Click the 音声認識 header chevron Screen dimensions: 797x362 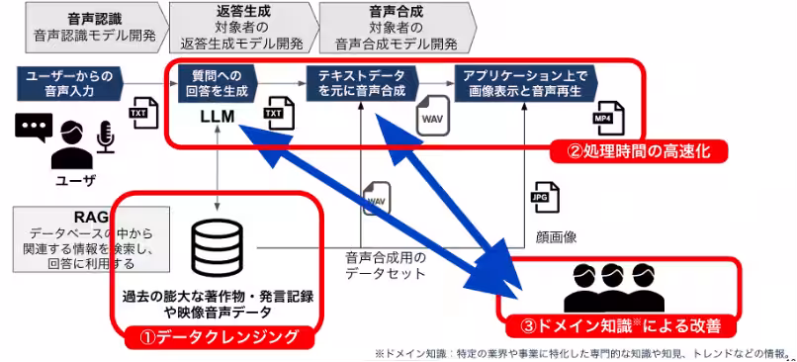click(x=97, y=28)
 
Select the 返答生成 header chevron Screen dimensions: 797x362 click(x=244, y=28)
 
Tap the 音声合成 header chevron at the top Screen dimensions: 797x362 click(x=398, y=28)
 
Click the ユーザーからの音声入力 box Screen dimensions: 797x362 click(x=70, y=83)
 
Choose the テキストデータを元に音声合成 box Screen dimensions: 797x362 click(x=363, y=83)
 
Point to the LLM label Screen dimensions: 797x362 click(x=217, y=117)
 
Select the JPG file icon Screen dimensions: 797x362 click(x=545, y=197)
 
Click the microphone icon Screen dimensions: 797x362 click(x=105, y=136)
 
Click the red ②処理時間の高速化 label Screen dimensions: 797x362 click(x=639, y=150)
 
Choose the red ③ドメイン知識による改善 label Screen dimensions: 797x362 click(x=621, y=325)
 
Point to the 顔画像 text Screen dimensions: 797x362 click(x=556, y=237)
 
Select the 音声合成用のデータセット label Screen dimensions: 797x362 click(x=385, y=265)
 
